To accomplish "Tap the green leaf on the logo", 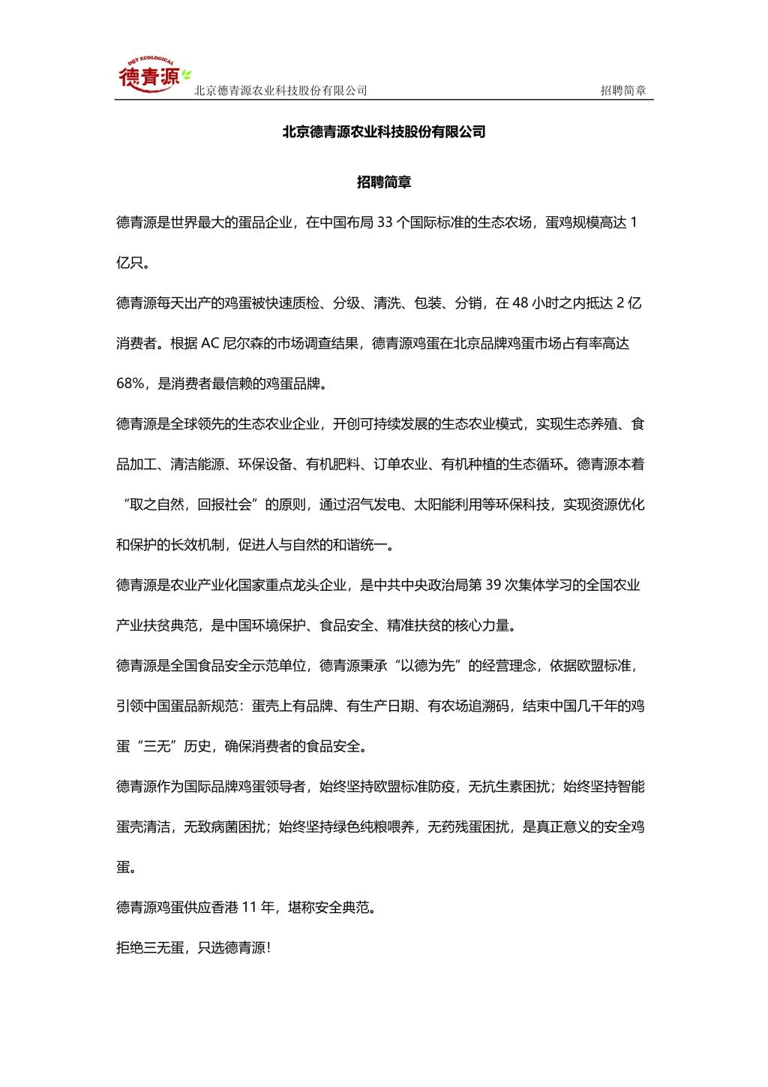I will tap(186, 74).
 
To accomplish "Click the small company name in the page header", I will tap(280, 91).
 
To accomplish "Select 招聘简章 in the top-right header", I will tap(623, 91).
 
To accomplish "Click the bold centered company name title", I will tap(384, 132).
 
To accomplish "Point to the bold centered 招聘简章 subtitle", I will tap(384, 182).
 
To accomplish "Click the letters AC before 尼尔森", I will tap(208, 344).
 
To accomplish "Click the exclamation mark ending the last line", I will tap(268, 948).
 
